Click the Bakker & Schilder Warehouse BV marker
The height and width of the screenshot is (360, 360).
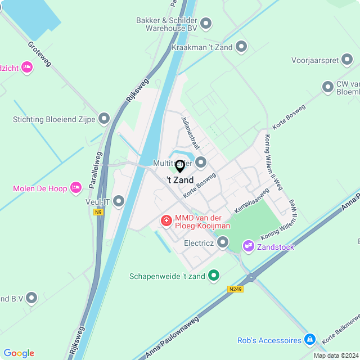point(206,24)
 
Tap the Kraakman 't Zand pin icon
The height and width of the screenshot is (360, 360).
point(241,47)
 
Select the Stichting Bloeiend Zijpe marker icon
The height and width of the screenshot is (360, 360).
point(103,119)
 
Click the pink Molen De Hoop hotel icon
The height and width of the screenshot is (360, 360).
point(76,188)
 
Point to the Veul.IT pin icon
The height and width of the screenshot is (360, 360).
point(118,201)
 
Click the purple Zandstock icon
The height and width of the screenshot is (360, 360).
point(248,246)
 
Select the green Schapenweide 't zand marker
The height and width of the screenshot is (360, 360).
point(213,276)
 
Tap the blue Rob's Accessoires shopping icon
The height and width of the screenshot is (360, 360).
point(309,340)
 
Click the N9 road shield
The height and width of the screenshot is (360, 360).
point(99,212)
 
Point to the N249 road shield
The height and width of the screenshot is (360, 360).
point(236,289)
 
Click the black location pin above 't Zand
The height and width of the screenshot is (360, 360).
point(180,166)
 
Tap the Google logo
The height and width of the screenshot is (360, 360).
point(19,353)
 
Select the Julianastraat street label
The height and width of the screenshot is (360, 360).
point(191,133)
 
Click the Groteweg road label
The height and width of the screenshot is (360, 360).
point(39,54)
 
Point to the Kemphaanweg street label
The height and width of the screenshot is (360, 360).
point(252,200)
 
